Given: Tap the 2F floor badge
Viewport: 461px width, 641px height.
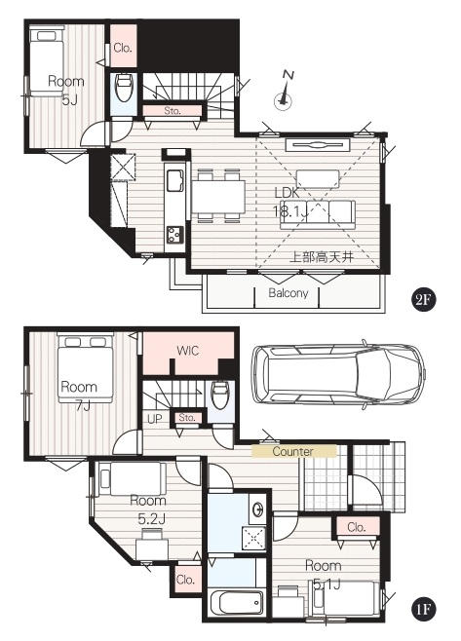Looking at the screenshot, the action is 423,300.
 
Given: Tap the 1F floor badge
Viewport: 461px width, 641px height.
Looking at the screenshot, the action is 423,609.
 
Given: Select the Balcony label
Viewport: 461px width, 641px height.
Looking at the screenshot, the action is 288,293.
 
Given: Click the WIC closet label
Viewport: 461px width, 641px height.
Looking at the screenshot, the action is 188,351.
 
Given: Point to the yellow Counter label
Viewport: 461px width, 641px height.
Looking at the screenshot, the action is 293,451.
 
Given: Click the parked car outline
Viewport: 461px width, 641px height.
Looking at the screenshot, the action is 339,375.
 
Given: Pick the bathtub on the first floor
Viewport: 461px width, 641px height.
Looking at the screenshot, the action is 236,603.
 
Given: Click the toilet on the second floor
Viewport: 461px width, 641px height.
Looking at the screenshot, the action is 124,87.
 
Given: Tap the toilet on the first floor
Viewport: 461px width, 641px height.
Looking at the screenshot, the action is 219,395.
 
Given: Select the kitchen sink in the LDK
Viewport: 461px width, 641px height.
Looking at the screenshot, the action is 175,180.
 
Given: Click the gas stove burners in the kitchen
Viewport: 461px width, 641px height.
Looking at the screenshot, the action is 174,235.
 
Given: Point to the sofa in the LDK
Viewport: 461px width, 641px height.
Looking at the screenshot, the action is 318,214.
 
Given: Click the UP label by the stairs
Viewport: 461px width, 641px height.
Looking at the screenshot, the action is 155,419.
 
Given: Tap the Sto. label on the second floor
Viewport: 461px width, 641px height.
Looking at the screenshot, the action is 173,111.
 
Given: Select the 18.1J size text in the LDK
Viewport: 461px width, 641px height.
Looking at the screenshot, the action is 289,211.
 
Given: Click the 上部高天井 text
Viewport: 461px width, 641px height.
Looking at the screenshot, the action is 322,257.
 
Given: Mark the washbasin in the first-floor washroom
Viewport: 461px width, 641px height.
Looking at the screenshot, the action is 258,509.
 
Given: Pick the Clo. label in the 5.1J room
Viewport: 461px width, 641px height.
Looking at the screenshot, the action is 357,527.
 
